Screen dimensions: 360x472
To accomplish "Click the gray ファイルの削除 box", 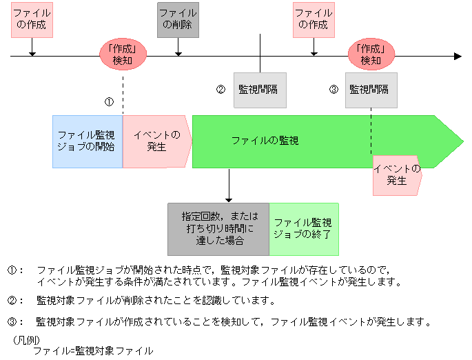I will point(178,19).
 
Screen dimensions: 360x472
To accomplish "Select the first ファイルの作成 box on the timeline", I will point(32,19).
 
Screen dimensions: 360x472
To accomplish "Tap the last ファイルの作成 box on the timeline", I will point(314,19).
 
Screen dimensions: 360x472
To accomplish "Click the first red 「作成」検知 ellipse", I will point(123,54).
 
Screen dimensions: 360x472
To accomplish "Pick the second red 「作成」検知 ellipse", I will point(371,54).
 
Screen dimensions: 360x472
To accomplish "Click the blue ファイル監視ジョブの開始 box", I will point(87,141).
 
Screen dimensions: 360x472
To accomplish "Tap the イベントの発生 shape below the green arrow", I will point(396,175).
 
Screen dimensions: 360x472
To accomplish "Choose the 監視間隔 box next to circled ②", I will point(260,90).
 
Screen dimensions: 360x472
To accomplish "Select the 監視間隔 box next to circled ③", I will point(371,90).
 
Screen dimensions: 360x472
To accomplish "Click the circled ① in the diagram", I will point(109,101).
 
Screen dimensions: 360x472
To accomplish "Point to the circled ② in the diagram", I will point(221,90).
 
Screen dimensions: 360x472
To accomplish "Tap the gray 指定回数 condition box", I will point(218,229).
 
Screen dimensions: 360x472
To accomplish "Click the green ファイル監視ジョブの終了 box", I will point(303,229).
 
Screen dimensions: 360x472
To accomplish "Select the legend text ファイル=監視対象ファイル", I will point(92,351).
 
